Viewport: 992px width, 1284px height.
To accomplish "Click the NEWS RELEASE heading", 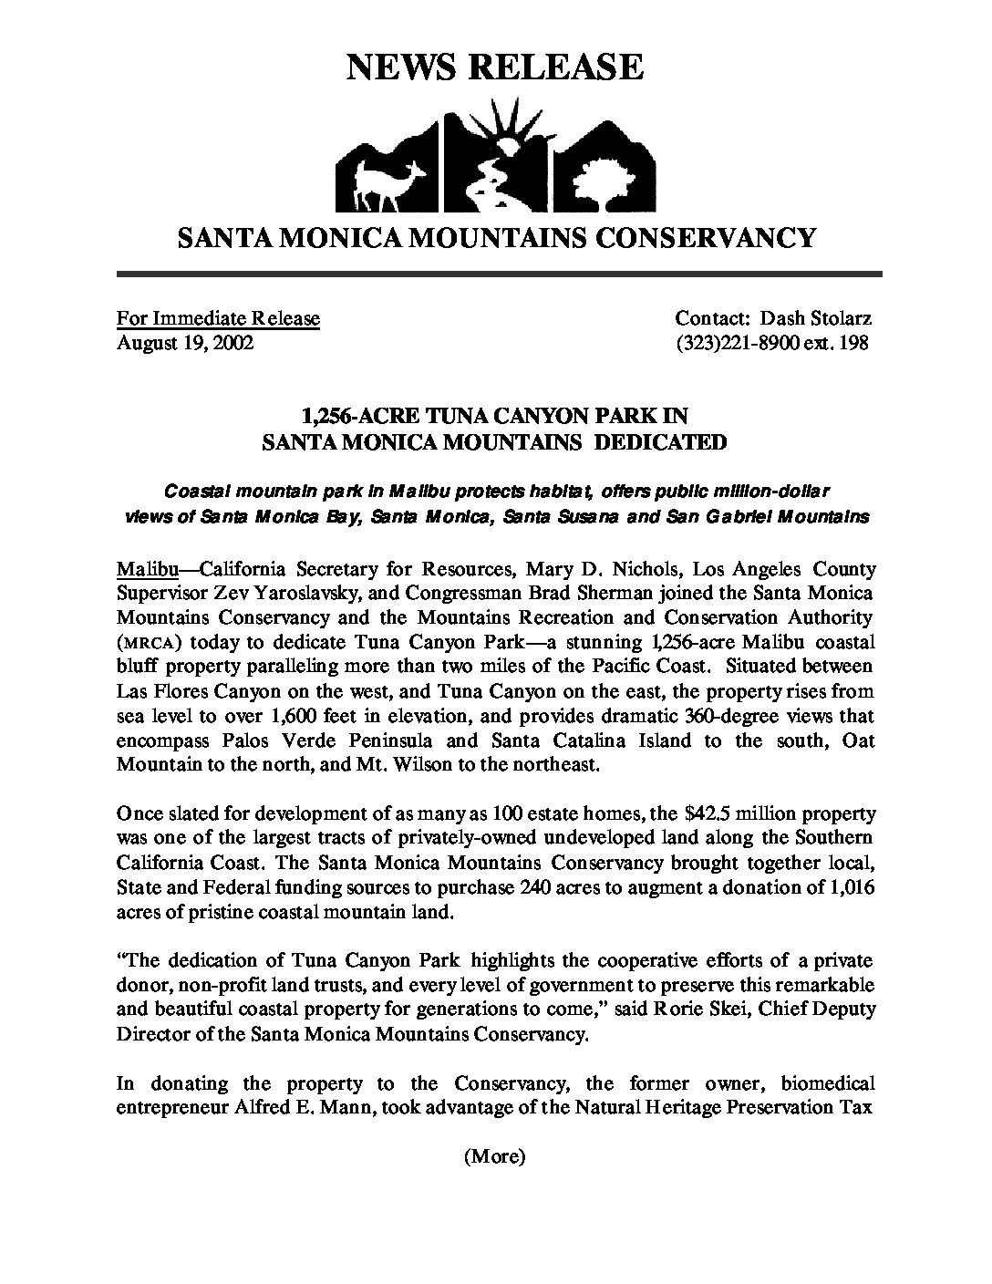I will (x=495, y=67).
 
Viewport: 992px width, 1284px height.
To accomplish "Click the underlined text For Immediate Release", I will (x=218, y=318).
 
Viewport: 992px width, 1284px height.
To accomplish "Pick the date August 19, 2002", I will (x=184, y=343).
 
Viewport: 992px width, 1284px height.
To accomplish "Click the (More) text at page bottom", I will (x=495, y=1157).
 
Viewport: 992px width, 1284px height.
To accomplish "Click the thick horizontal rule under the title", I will (x=499, y=274).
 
